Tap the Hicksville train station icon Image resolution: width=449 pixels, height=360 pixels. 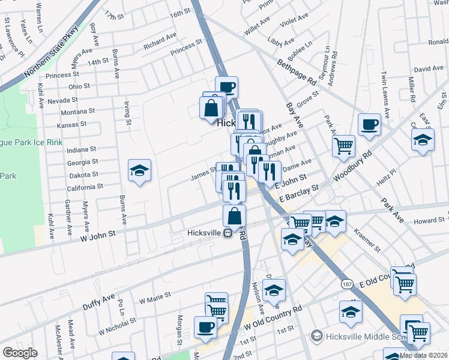[228, 233]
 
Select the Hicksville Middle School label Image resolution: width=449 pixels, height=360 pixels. [360, 335]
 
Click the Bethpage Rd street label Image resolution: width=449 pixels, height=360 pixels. [296, 70]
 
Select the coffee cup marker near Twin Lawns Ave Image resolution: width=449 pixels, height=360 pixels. [369, 124]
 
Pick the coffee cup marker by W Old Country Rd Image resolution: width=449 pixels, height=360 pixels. [206, 326]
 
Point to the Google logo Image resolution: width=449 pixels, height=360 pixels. [20, 353]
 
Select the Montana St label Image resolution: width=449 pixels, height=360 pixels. [78, 112]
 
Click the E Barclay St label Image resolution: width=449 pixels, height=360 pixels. [304, 188]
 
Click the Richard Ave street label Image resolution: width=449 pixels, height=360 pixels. [160, 42]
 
